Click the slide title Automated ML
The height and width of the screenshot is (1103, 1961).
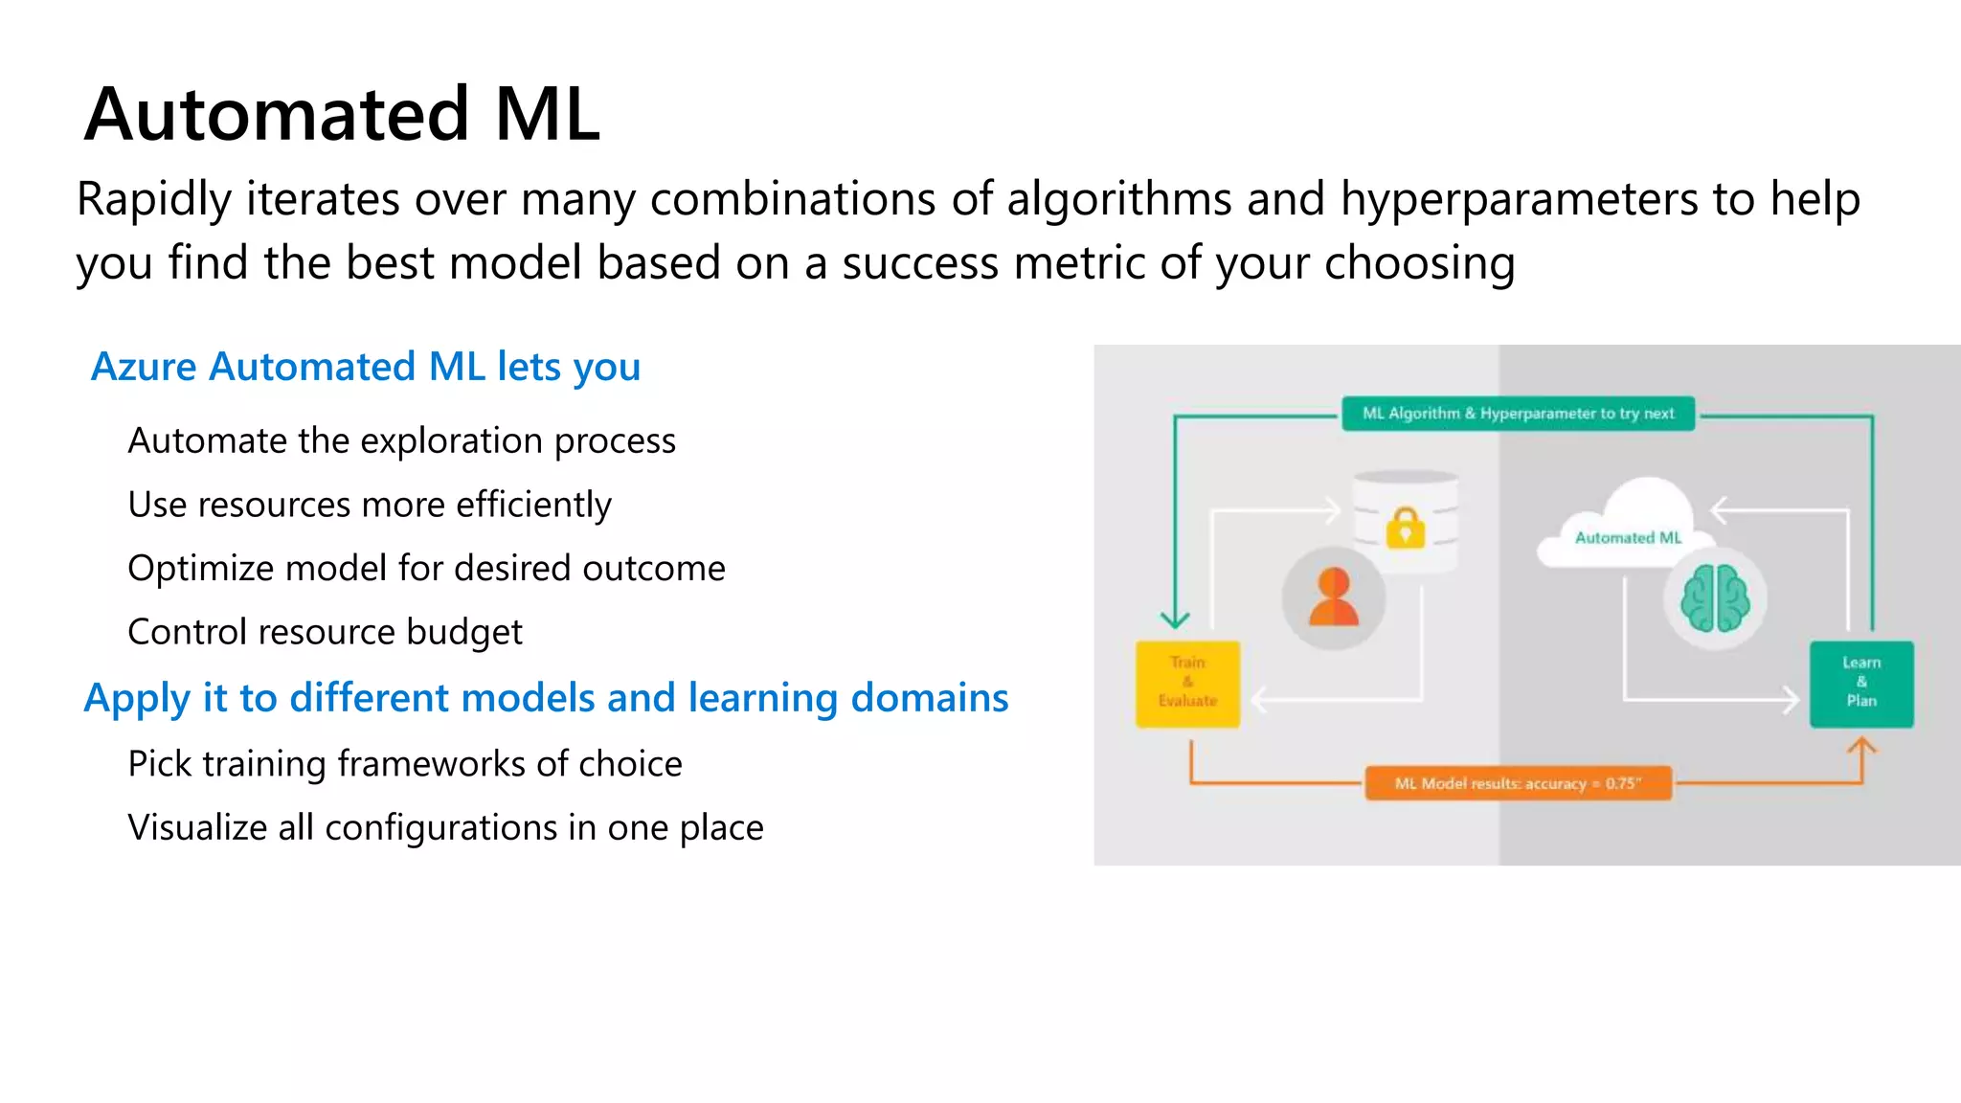click(342, 115)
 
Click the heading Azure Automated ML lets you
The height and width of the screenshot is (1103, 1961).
click(365, 367)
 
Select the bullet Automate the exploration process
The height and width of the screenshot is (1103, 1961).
click(401, 440)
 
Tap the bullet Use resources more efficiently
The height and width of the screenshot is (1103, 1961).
click(369, 505)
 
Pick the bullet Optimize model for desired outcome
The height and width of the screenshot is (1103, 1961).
click(426, 569)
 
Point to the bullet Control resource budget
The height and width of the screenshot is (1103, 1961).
click(325, 632)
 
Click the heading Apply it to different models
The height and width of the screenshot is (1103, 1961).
click(546, 698)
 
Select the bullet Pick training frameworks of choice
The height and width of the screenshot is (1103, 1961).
click(404, 764)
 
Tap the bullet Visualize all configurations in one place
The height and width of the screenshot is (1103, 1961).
click(445, 827)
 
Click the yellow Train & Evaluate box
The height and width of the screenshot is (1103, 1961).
click(1187, 684)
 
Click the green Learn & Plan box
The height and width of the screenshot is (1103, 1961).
click(1860, 684)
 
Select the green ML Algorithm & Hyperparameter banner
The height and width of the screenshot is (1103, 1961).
click(1518, 414)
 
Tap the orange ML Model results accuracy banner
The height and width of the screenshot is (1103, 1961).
click(1518, 783)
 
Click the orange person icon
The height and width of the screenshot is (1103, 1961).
click(1333, 597)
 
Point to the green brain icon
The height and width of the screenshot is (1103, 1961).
click(1715, 598)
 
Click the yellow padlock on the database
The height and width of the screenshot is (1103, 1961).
click(1405, 527)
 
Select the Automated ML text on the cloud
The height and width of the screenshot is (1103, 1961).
click(1628, 538)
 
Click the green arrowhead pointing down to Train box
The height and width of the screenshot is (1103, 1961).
click(1175, 619)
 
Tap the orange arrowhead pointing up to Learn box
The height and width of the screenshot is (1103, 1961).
click(1861, 746)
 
